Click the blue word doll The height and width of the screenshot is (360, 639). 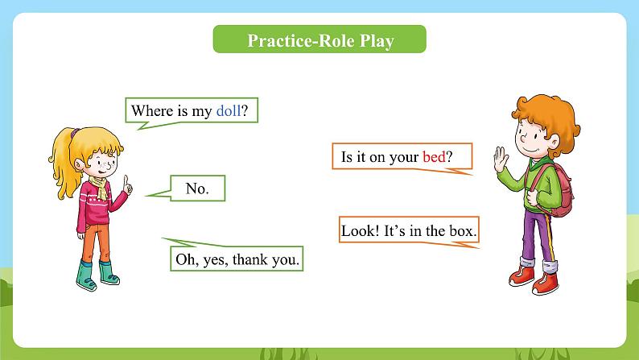229,110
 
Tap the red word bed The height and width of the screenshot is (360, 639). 434,156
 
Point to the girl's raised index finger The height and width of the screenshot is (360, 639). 126,180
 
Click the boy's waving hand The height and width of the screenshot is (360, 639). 501,159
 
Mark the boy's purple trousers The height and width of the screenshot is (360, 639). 538,236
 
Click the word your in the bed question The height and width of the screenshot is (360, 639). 404,158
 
